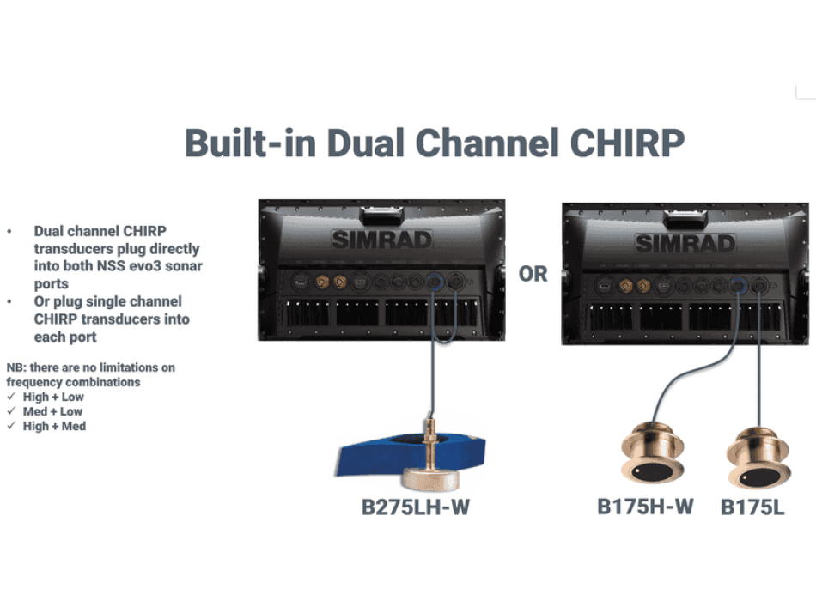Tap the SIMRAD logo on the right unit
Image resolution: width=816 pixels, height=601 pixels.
pos(685,242)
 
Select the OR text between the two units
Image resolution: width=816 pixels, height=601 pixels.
pos(533,274)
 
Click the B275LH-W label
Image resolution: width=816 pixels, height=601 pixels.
pos(416,507)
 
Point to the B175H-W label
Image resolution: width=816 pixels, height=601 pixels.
pos(645,506)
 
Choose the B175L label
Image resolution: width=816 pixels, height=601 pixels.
pos(752,507)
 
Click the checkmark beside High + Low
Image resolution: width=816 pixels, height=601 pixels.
pos(11,397)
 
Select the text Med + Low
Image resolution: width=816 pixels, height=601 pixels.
pos(53,411)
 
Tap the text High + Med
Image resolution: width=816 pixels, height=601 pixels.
pos(54,426)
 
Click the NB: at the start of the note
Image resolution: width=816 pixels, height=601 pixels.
pos(15,367)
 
